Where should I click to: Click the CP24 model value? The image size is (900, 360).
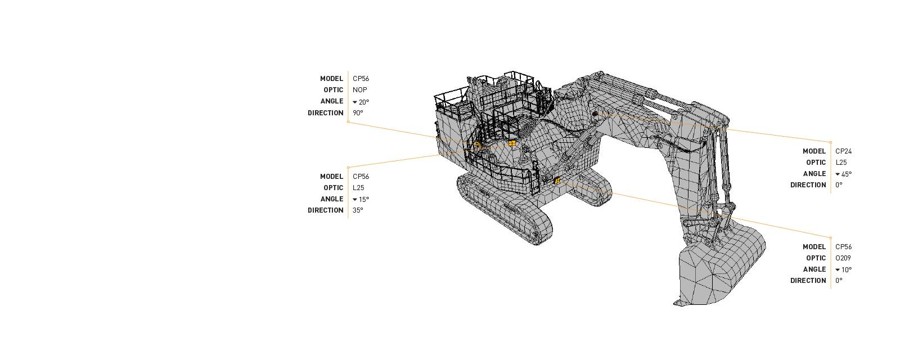843,151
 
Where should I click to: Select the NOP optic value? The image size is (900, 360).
359,90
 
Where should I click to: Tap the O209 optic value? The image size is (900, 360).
843,258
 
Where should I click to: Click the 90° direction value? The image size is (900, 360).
358,113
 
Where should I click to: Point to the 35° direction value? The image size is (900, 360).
358,210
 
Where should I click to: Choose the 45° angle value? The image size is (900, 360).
846,174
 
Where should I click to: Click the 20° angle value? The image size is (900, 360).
363,102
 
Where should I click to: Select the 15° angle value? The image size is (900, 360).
363,199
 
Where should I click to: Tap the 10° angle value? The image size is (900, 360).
846,269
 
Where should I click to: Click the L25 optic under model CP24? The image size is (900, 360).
841,163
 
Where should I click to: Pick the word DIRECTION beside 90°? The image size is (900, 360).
325,113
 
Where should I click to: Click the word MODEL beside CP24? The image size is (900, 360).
814,151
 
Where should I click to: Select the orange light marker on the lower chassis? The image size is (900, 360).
557,181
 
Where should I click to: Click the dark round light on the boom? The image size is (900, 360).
595,114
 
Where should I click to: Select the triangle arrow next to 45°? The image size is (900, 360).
838,174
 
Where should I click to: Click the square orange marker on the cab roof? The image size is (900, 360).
512,143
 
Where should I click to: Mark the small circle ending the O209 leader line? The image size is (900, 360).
831,238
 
